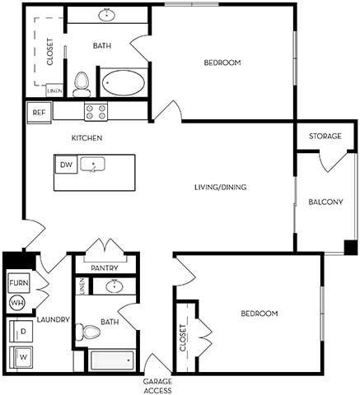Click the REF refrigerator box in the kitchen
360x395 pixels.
point(38,112)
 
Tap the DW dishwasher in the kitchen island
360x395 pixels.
point(65,165)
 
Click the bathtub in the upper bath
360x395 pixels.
point(124,84)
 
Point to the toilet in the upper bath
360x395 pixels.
point(81,82)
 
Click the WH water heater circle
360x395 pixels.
point(16,303)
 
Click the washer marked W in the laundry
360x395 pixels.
point(22,357)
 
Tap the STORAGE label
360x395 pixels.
point(325,136)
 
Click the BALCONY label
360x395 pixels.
point(325,202)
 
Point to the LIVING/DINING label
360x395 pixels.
point(221,187)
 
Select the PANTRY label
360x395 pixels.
point(105,267)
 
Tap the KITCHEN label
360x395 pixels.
point(86,137)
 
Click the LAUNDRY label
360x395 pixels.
point(53,319)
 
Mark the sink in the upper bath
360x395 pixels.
point(107,15)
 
